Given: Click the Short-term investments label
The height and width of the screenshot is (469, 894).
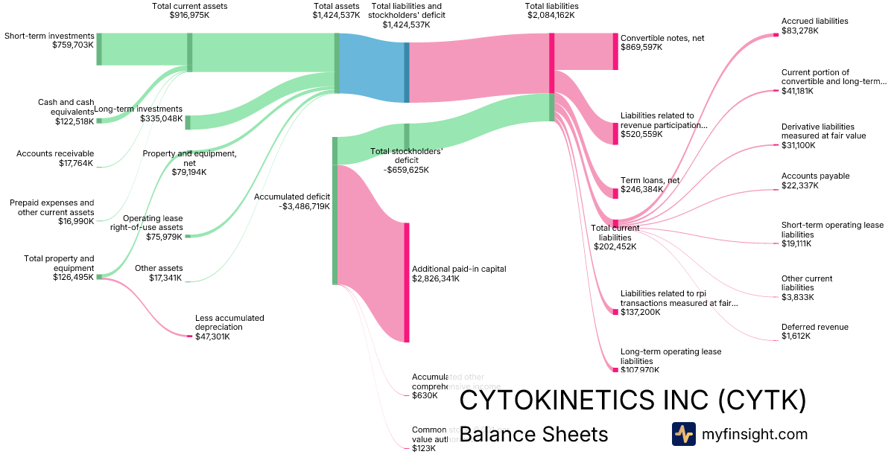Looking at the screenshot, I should (49, 36).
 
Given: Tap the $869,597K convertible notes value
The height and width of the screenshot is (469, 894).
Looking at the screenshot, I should (641, 47).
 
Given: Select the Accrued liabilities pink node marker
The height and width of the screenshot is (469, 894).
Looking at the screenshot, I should (776, 35).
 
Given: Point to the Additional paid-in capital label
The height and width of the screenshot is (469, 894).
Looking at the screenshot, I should (459, 269).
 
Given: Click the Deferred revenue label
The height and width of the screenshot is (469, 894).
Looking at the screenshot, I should (814, 327).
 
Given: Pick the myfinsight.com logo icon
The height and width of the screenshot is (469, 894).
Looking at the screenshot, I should (683, 434).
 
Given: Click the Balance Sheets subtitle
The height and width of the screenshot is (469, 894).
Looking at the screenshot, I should (533, 434).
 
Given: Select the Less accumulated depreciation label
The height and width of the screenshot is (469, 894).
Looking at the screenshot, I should (229, 322).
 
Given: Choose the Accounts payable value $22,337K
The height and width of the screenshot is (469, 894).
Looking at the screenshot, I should (799, 185).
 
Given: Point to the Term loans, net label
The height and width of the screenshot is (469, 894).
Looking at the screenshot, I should (650, 180).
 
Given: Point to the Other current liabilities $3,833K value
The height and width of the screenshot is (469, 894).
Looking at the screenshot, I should (797, 297).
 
